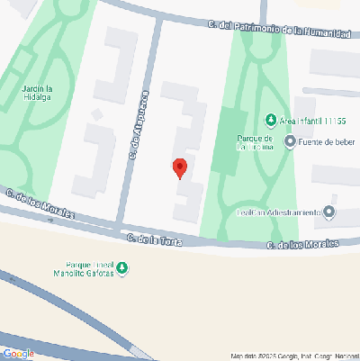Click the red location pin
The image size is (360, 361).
(180, 167)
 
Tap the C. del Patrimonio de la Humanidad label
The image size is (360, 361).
(276, 29)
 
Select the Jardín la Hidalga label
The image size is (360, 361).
(38, 93)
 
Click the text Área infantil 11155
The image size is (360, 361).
(318, 121)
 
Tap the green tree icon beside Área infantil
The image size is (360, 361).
(270, 121)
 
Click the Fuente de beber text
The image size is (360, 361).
(328, 141)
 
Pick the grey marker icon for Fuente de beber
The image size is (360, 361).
(290, 141)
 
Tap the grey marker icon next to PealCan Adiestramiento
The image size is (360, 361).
(329, 212)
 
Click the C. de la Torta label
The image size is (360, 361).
(155, 239)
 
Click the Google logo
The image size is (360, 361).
(18, 354)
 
